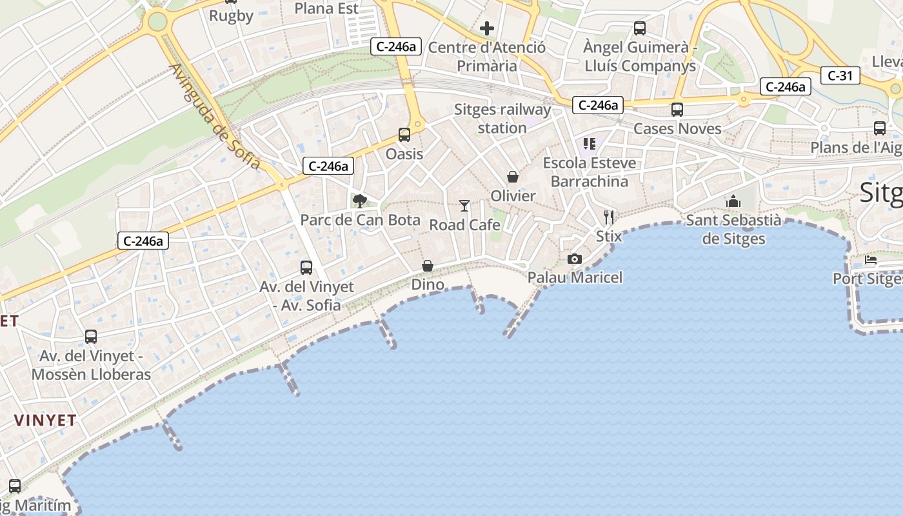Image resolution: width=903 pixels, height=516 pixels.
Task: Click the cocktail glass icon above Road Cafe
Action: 464,206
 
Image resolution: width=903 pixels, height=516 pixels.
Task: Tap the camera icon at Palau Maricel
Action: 574,259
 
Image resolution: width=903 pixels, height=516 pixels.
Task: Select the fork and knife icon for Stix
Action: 609,217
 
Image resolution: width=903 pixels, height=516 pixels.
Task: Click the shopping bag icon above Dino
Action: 428,266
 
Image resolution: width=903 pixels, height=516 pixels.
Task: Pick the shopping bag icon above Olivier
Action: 513,177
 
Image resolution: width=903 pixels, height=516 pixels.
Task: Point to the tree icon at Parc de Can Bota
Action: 360,201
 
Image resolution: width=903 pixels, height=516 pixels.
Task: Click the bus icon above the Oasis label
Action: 404,135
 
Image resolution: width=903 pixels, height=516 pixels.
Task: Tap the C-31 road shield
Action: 840,75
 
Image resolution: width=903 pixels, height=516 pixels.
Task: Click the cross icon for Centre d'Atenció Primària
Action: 487,28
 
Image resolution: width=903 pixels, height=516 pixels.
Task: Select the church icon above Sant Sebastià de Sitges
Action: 733,202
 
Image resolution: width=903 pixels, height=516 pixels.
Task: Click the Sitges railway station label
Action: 502,119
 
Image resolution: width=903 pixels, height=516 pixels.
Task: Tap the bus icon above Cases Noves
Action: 677,110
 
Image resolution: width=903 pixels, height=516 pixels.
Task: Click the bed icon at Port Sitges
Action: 871,261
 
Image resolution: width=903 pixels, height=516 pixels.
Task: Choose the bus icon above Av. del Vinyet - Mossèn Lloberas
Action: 91,337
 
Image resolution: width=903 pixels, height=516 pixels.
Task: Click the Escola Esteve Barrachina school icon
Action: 589,144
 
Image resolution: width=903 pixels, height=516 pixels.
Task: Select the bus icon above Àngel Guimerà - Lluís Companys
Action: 640,28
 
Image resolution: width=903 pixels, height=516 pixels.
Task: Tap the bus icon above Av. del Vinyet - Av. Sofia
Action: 306,268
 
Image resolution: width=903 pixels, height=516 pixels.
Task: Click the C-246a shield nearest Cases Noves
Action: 598,105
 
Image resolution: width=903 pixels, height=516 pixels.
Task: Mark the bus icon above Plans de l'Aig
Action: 880,128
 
